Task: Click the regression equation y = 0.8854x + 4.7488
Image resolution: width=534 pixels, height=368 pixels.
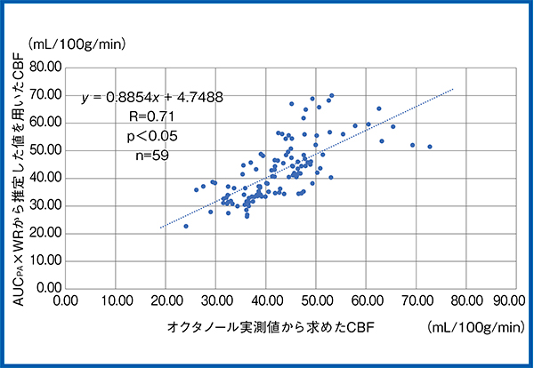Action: point(152,97)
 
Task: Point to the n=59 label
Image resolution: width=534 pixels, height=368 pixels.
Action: point(148,155)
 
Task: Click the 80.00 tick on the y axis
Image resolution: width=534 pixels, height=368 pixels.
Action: point(45,66)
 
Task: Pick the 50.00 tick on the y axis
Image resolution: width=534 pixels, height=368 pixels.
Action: point(45,149)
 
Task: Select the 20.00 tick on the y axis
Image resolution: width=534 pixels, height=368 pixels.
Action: point(45,233)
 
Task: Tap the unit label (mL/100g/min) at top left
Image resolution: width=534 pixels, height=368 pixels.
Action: point(78,42)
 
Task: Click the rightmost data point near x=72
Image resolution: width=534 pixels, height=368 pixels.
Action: point(430,147)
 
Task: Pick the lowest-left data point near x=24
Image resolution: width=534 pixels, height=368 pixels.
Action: point(186,226)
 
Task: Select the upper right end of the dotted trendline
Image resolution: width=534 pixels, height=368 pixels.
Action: point(454,89)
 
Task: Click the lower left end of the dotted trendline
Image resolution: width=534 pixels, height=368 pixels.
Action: point(160,228)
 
